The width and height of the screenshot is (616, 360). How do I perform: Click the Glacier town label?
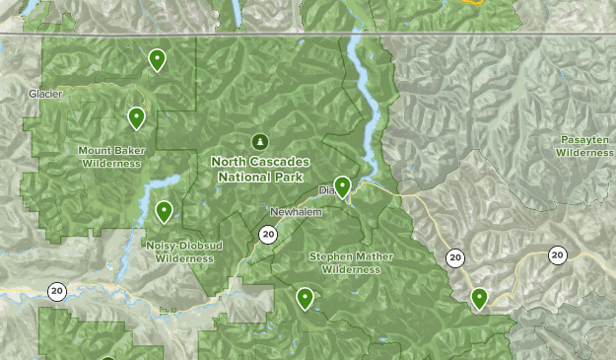[x=45, y=94]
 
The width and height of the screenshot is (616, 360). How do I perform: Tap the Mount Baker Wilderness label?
[x=111, y=157]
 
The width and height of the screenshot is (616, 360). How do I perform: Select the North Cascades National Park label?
[x=260, y=169]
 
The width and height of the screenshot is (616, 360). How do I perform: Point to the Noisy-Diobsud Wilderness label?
[x=184, y=252]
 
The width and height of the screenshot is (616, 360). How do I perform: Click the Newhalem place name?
[x=296, y=212]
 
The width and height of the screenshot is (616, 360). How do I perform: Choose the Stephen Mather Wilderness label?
[x=351, y=262]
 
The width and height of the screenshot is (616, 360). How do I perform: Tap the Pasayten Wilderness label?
[x=584, y=146]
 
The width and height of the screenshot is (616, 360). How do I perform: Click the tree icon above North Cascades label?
[x=260, y=141]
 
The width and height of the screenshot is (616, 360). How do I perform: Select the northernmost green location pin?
[x=157, y=60]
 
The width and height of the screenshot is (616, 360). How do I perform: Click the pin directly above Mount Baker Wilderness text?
[x=136, y=118]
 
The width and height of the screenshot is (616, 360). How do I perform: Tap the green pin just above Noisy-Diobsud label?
[x=164, y=211]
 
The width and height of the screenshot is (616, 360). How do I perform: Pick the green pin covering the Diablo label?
[x=342, y=185]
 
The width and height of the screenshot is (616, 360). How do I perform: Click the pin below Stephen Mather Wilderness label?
[x=306, y=297]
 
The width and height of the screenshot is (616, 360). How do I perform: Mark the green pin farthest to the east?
[x=479, y=297]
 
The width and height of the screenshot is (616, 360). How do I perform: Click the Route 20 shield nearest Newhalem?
[x=268, y=234]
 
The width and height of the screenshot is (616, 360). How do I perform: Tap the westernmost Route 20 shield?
[x=56, y=290]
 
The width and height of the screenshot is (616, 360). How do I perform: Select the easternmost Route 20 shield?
[x=558, y=254]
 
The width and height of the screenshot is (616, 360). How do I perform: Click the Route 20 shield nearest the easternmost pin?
[x=454, y=257]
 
